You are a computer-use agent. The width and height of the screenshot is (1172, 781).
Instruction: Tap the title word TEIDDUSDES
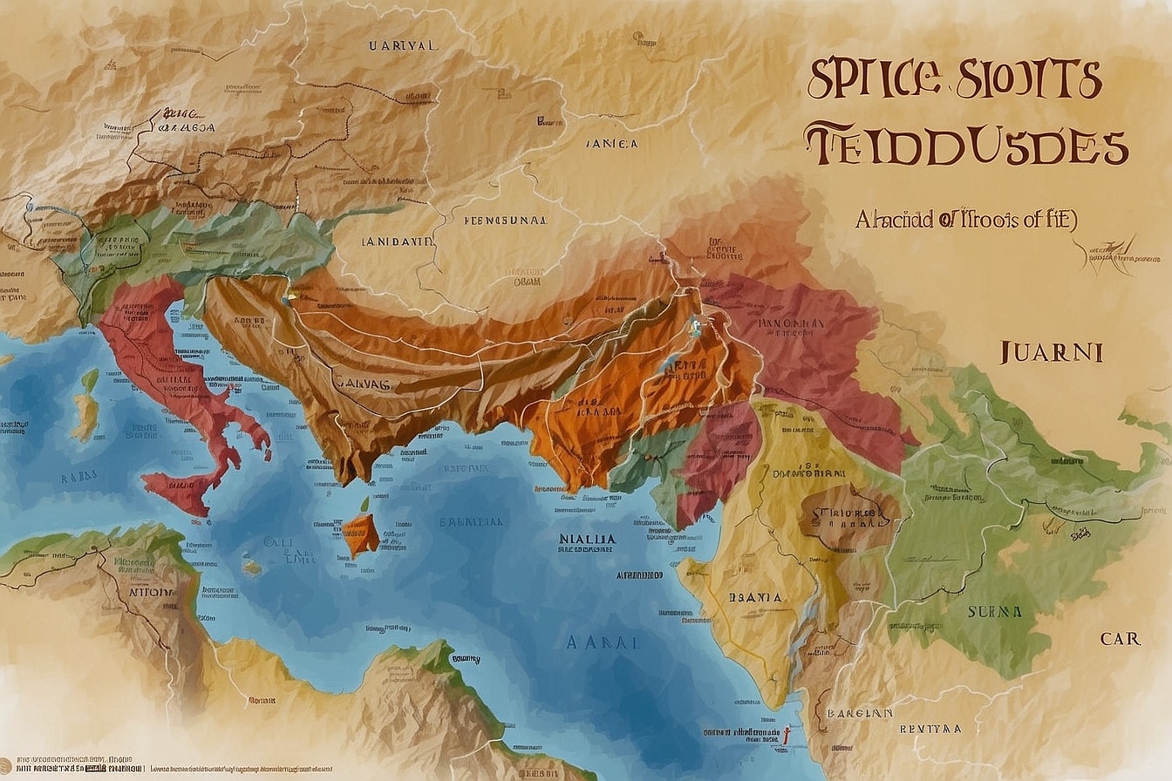[x=965, y=146]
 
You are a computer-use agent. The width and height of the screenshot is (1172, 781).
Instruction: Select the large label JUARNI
[x=1051, y=352]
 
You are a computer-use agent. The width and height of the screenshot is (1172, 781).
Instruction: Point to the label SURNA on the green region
[x=994, y=612]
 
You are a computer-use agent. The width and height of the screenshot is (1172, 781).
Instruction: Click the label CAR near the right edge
[x=1120, y=639]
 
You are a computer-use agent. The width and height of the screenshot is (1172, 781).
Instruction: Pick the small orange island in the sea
[x=360, y=533]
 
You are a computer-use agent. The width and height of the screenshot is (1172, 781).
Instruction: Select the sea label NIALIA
[x=587, y=540]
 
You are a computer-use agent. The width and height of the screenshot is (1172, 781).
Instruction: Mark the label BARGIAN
[x=861, y=712]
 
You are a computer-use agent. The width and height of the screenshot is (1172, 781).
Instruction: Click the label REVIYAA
[x=931, y=728]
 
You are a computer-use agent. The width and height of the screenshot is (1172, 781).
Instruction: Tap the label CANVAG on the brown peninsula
[x=363, y=380]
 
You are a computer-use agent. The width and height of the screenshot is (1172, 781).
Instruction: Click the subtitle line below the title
[x=965, y=221]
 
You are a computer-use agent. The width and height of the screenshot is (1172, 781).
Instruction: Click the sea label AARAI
[x=603, y=642]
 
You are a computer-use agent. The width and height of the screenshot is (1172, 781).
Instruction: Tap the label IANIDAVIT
[x=397, y=242]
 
